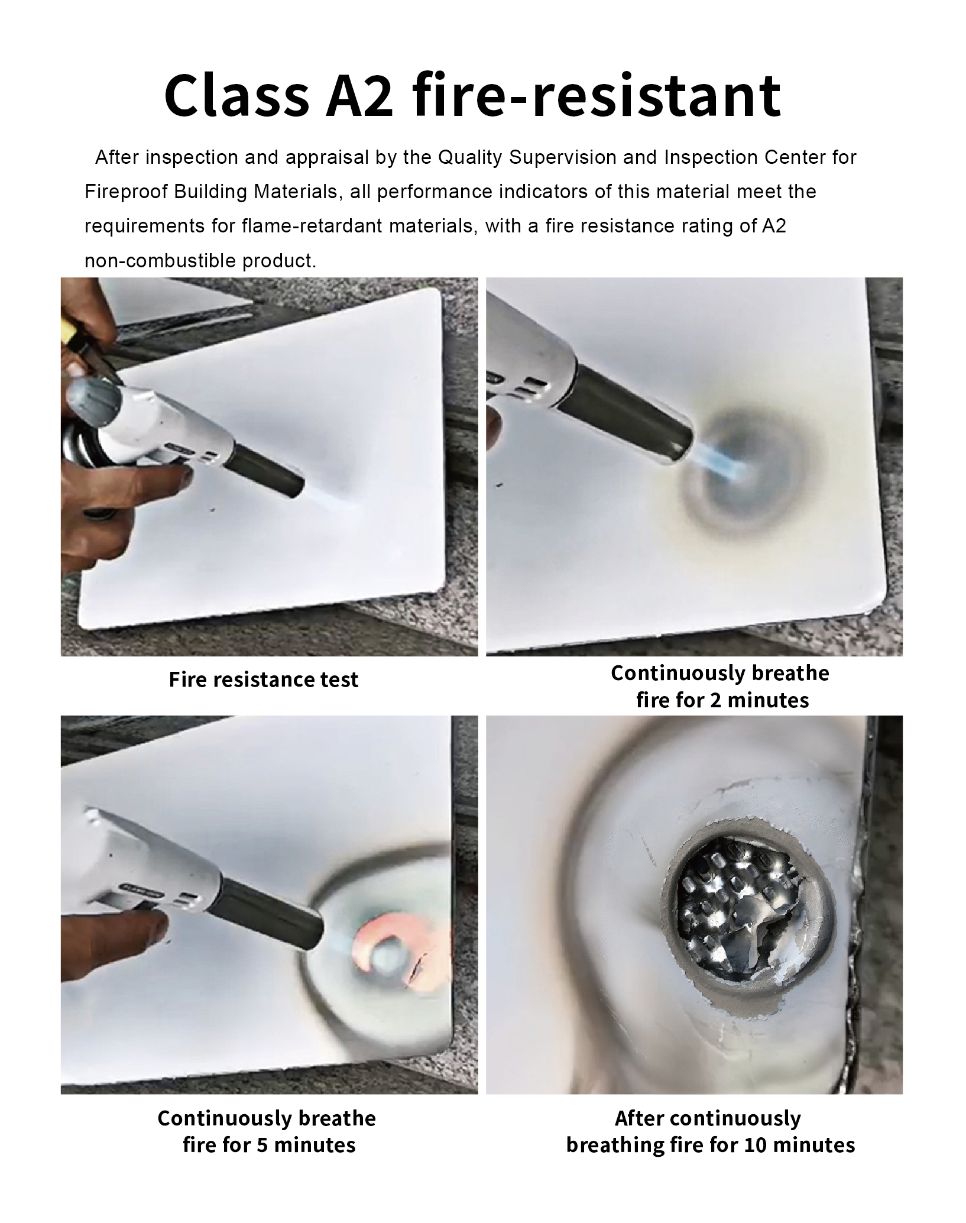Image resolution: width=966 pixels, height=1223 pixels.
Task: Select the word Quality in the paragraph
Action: click(x=470, y=158)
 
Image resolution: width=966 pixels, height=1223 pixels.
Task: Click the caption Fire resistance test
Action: click(x=264, y=680)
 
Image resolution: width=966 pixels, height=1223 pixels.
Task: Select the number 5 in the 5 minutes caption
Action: click(x=263, y=1146)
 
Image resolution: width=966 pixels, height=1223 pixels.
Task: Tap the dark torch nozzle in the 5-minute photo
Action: click(x=273, y=917)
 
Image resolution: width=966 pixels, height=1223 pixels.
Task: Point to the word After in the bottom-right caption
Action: click(x=640, y=1118)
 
